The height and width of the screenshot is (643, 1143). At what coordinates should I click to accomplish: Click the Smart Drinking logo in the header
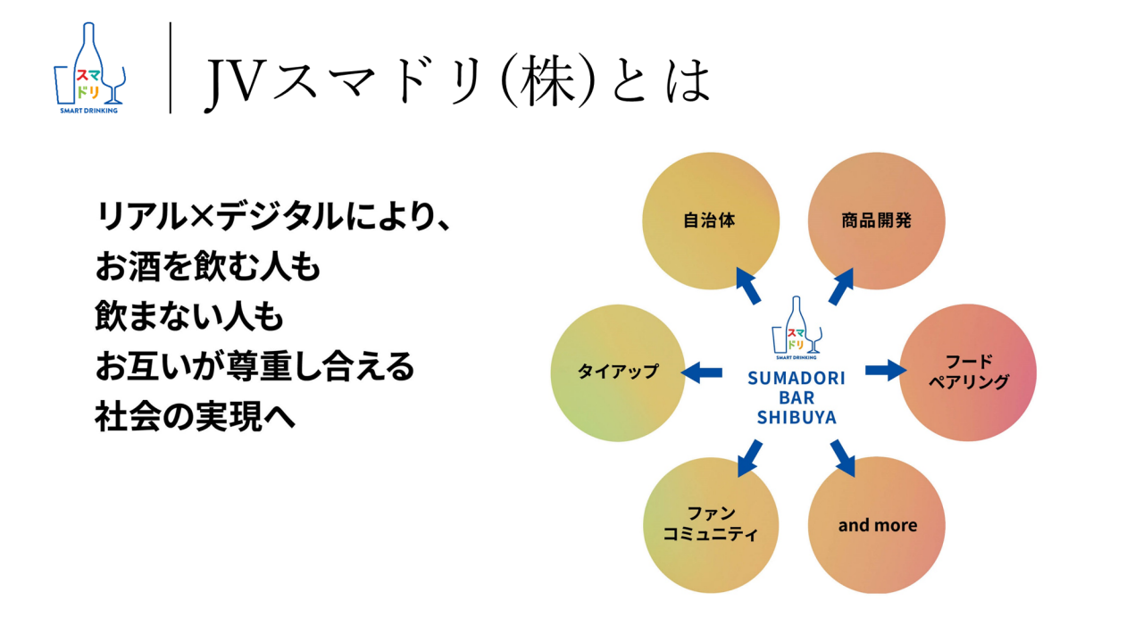point(89,69)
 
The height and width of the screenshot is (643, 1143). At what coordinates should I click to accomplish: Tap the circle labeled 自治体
point(710,221)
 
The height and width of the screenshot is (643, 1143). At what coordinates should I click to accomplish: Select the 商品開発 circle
point(876,221)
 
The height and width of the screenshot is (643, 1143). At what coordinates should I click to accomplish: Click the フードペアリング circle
point(967,372)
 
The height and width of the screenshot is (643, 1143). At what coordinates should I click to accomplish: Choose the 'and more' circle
point(876,525)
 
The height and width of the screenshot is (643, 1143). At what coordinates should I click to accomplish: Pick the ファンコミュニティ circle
point(710,525)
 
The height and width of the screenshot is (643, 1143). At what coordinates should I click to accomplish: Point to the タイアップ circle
point(619,372)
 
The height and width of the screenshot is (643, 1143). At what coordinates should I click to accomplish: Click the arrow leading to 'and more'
point(842,457)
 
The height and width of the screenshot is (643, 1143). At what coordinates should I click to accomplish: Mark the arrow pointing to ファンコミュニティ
point(748,457)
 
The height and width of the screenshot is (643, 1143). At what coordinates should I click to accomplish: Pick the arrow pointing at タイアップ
point(703,372)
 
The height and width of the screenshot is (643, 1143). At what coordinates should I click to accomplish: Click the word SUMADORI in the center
point(796,379)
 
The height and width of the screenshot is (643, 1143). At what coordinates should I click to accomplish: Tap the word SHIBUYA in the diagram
point(796,417)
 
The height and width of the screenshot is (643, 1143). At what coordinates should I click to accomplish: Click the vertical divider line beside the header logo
point(170,69)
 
